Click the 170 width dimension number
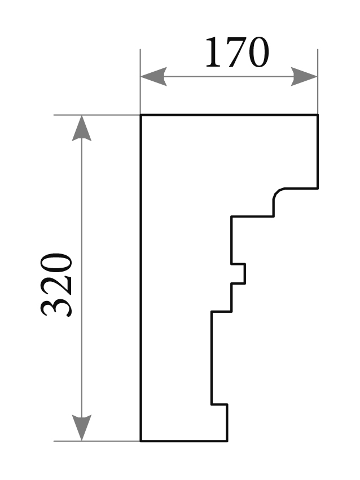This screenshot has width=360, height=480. pos(237,53)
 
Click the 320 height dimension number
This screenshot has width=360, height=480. pos(56,285)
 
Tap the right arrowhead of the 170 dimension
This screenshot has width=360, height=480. pos(304,77)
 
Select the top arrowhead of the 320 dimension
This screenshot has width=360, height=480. pos(82,128)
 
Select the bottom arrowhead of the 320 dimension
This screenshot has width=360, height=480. pos(82,428)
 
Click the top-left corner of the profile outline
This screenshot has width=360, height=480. pos(141,115)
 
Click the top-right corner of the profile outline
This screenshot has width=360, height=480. pos(318,115)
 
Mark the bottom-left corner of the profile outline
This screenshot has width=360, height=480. pos(141,441)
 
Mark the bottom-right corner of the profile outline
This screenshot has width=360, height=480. pos(227,441)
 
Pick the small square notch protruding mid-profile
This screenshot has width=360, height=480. pos(239,273)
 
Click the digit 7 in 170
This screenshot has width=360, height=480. pos(237,53)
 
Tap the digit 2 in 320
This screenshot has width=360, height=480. pos(56,285)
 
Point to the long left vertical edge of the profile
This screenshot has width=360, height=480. pos(141,278)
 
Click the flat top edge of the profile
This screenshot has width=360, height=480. pos(229,115)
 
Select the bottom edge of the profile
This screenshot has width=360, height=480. pos(184,441)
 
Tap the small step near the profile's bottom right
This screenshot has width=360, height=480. pos(219,405)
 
